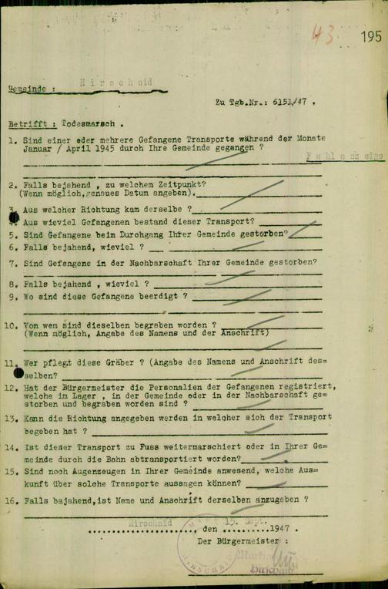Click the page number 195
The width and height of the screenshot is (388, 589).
click(370, 36)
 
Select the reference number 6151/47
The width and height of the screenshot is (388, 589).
click(289, 102)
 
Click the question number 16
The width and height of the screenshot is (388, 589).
click(13, 499)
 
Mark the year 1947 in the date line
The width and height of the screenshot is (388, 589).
click(281, 530)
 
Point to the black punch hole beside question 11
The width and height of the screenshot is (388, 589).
click(19, 372)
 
